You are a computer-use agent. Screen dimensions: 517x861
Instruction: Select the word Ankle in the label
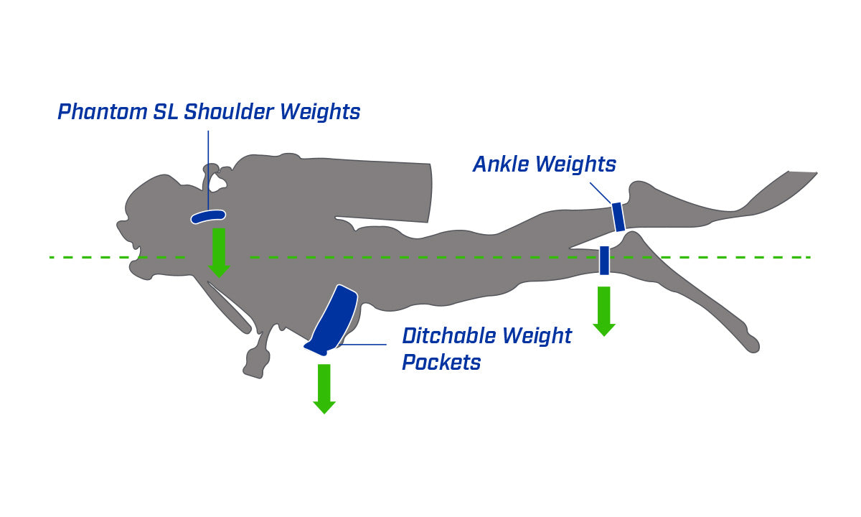tap(501, 164)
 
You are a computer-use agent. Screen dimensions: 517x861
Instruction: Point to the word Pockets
tap(441, 363)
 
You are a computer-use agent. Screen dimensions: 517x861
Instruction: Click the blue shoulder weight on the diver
tap(208, 215)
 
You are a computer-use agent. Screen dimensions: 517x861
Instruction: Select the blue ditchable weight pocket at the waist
tap(332, 320)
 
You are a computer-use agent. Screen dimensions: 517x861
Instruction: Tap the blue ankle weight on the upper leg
tap(618, 217)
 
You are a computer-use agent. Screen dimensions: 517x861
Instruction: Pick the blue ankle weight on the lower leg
tap(604, 260)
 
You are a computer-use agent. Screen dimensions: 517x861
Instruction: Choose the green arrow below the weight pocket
tap(324, 388)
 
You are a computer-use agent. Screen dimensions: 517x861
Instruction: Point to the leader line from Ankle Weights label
tap(600, 192)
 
